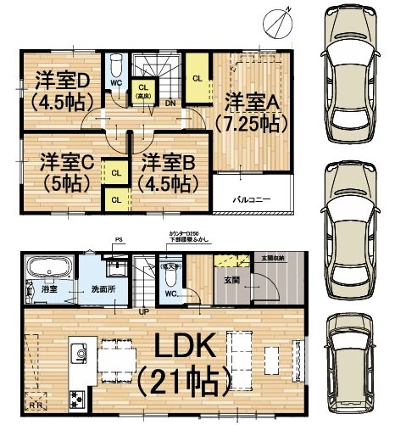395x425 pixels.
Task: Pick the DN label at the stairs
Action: [x=170, y=103]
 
